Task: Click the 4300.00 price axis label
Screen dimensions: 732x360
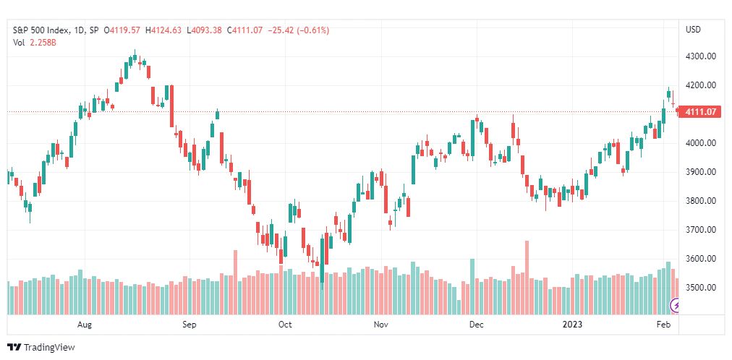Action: coord(701,56)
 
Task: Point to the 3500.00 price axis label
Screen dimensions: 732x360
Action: coord(701,287)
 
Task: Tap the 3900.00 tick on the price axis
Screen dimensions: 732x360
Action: coord(701,172)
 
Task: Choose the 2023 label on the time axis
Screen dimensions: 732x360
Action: coord(572,324)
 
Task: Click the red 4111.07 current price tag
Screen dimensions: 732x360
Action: coord(701,112)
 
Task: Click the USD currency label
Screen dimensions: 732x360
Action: coord(693,30)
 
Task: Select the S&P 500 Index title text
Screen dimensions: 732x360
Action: coord(41,30)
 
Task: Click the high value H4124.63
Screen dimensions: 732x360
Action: coord(163,30)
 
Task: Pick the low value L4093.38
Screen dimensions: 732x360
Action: coord(203,30)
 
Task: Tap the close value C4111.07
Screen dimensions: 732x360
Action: coord(244,30)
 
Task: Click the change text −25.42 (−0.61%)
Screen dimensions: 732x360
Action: coord(297,30)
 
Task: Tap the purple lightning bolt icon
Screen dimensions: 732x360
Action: coord(676,306)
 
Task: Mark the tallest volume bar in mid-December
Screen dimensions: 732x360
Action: coord(527,278)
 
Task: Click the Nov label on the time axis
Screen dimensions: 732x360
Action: coord(381,324)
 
